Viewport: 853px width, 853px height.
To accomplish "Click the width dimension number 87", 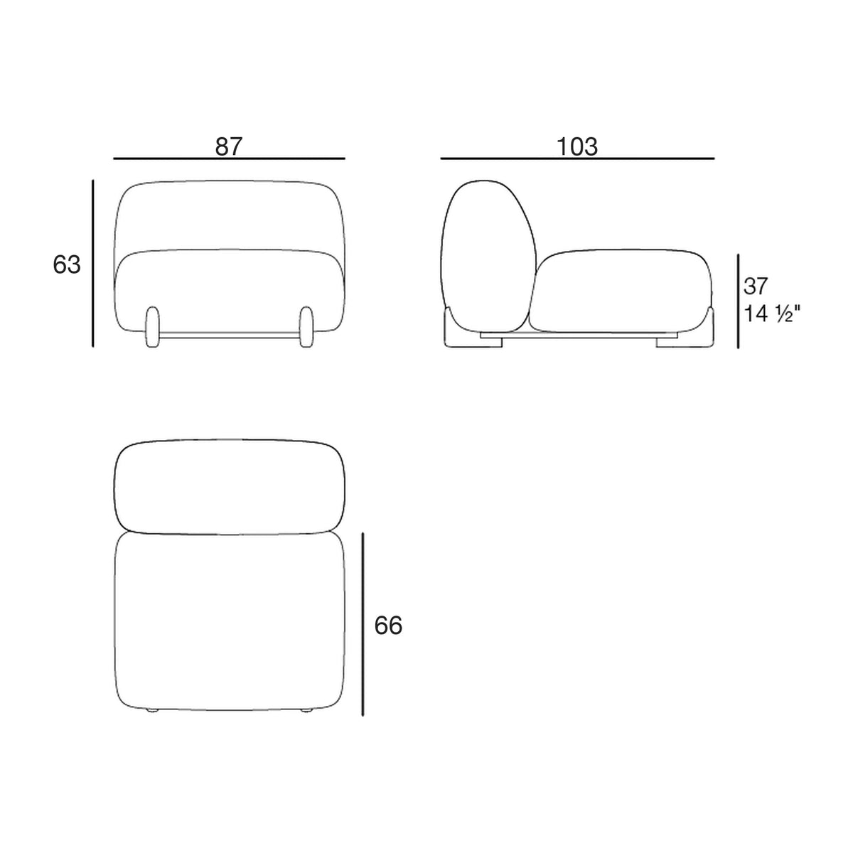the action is [x=229, y=146].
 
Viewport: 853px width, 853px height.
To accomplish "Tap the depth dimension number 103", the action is [x=576, y=146].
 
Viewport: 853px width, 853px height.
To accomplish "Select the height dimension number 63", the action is [x=67, y=264].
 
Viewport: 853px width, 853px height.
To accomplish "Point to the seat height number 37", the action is [x=755, y=286].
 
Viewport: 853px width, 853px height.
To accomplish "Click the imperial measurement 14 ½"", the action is [x=772, y=314].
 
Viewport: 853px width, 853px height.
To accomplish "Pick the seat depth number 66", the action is [x=388, y=626].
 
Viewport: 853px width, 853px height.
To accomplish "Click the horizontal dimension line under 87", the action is [x=230, y=158].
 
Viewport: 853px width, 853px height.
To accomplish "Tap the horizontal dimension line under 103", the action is [x=577, y=158].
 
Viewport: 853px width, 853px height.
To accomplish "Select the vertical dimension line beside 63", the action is [x=92, y=263].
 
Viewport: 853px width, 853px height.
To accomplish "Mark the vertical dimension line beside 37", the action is [x=738, y=301].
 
